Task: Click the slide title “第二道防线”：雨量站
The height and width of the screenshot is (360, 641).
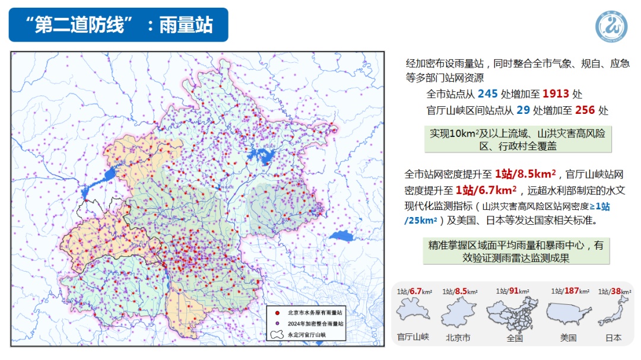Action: pos(119,25)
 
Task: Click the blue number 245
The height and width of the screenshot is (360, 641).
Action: pos(488,94)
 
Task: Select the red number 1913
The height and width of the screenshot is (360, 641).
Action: pos(556,94)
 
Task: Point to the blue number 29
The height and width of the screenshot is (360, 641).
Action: pos(523,110)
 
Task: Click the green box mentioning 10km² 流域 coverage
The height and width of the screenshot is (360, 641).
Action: pos(518,140)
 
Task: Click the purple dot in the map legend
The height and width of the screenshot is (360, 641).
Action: pos(277,323)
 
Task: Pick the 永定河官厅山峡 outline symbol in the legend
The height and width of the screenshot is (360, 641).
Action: pos(277,334)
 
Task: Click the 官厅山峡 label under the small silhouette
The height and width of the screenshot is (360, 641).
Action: pos(413,337)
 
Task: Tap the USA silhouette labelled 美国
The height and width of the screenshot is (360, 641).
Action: pos(568,313)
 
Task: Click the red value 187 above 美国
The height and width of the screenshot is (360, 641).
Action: pos(572,291)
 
